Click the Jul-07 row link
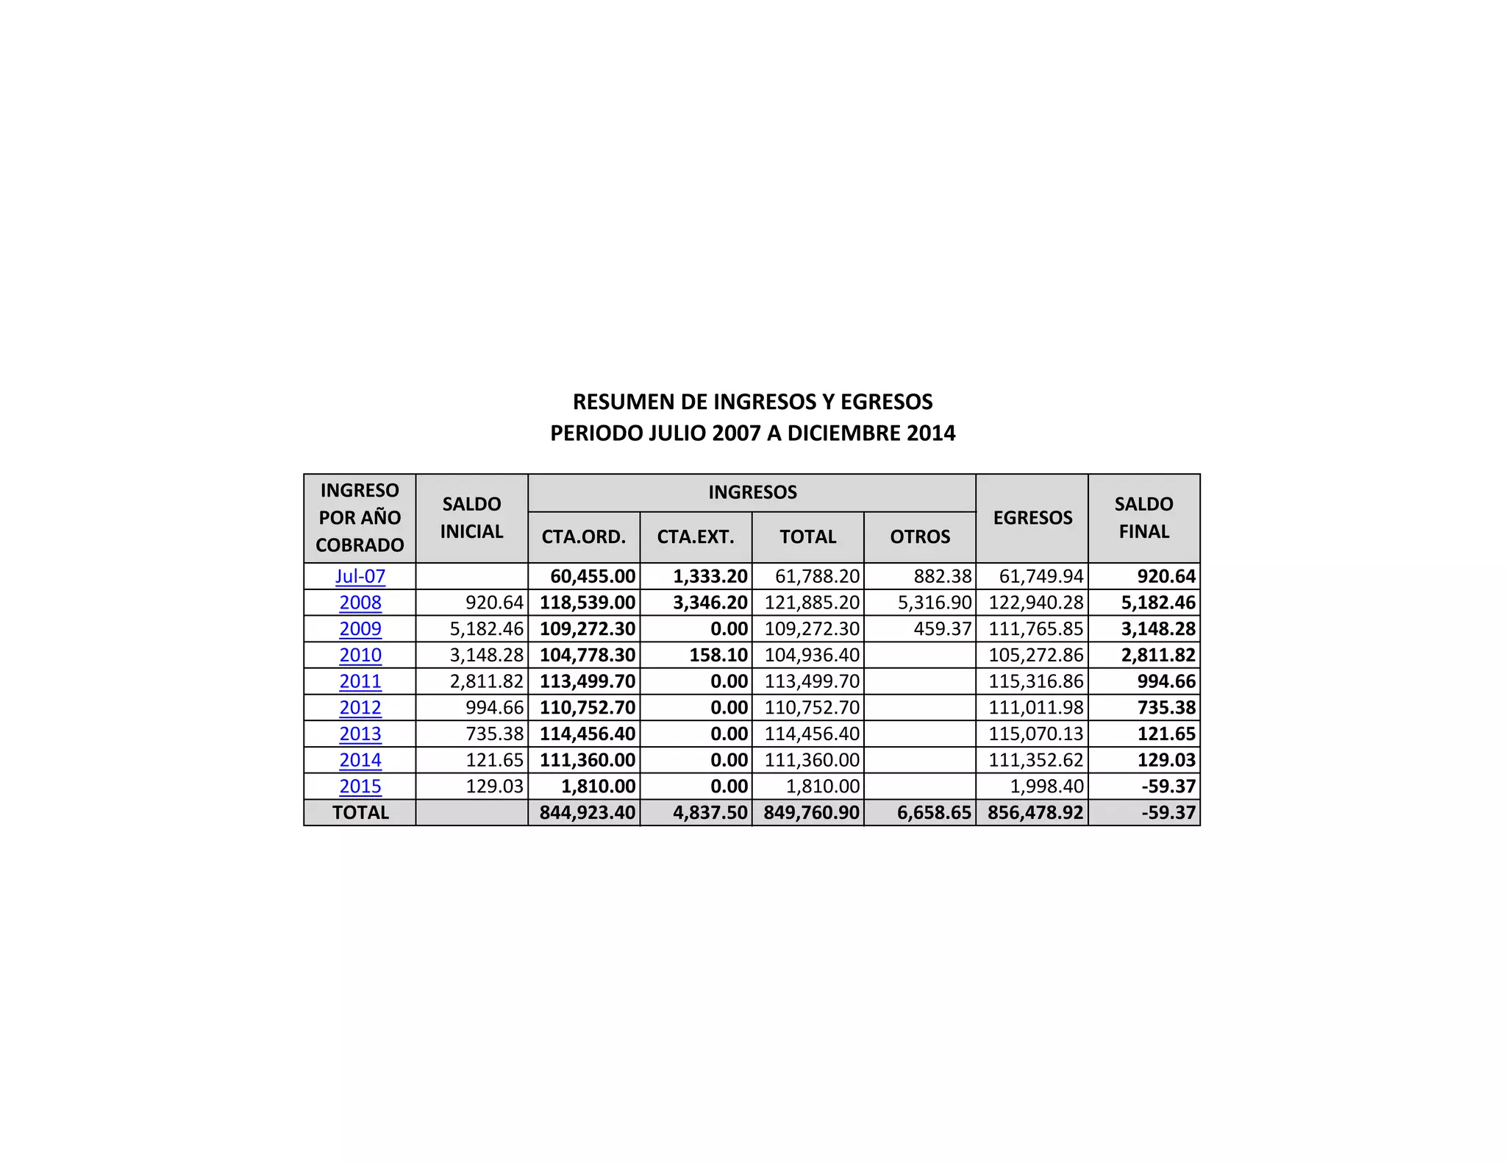(360, 576)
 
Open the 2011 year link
(360, 681)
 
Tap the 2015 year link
(360, 787)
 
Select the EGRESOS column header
(1032, 518)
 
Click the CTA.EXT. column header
(696, 537)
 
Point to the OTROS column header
(920, 537)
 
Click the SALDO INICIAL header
(471, 518)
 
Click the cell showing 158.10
(718, 655)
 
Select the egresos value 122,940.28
(1035, 603)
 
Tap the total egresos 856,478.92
(1035, 813)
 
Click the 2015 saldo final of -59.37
(1168, 787)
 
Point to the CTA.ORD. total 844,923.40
(588, 813)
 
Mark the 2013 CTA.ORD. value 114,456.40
(588, 734)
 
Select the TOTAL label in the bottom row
(360, 813)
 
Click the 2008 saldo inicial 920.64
(494, 603)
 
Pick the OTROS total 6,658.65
(934, 813)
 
